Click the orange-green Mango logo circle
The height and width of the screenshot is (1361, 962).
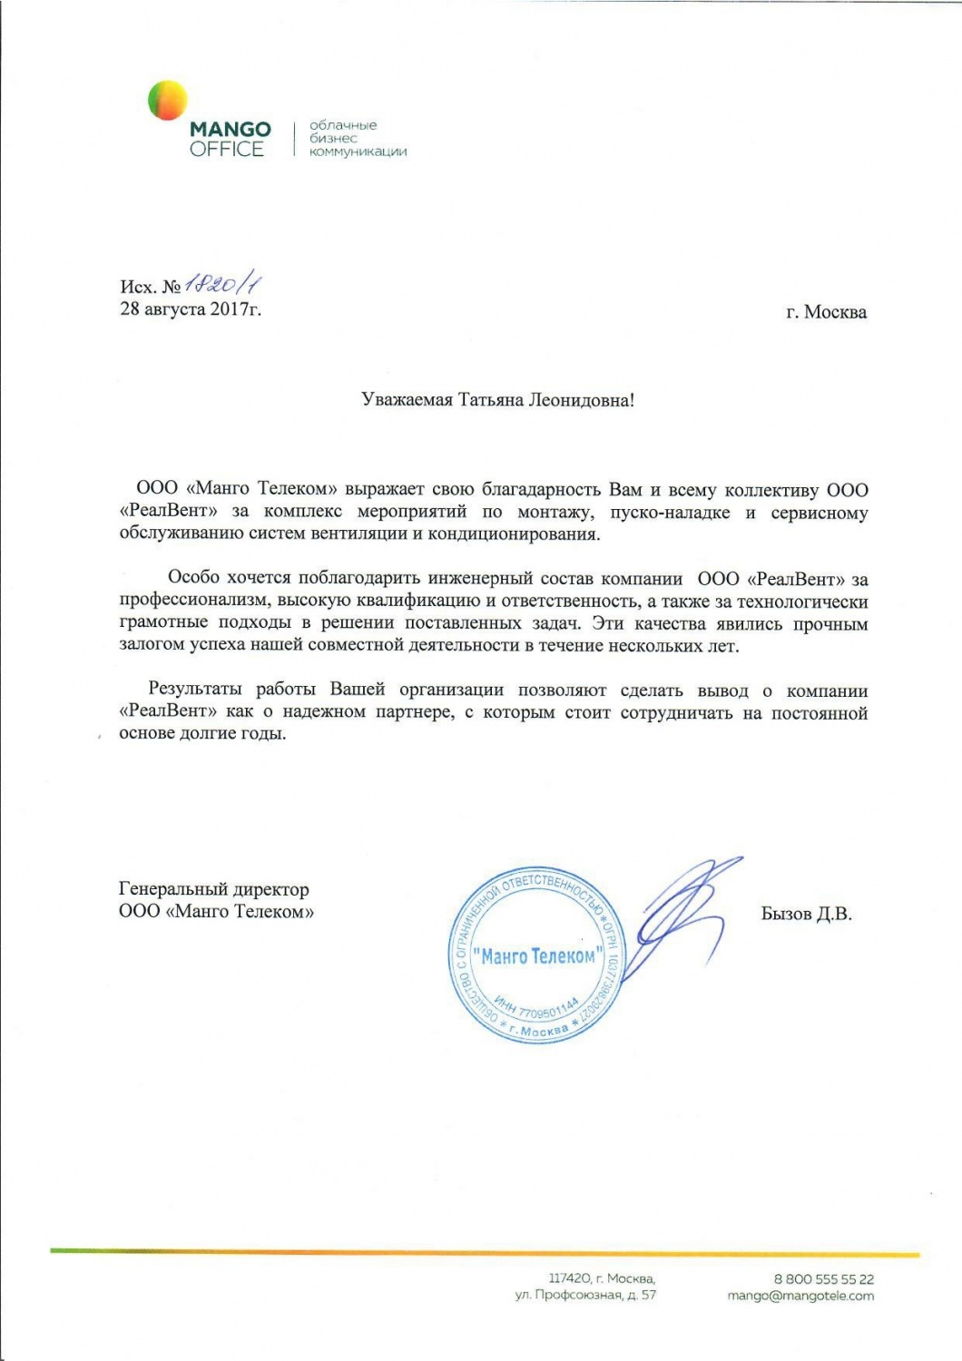tap(168, 100)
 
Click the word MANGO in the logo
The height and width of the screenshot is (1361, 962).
tap(231, 130)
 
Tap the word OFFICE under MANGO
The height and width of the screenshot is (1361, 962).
tap(227, 150)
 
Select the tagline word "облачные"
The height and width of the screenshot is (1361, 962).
tap(343, 125)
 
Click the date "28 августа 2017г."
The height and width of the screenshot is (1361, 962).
tap(191, 308)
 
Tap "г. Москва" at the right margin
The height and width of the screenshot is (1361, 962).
tap(826, 312)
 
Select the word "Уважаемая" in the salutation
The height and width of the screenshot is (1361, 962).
tap(407, 400)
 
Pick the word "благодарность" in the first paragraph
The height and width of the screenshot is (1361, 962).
tap(543, 490)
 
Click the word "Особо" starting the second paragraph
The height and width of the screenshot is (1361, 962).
tap(193, 578)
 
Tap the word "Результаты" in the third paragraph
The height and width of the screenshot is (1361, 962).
tap(194, 690)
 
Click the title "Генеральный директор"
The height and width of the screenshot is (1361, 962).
tap(214, 889)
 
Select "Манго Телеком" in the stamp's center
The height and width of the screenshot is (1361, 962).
tap(537, 956)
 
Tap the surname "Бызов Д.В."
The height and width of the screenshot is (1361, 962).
tap(806, 914)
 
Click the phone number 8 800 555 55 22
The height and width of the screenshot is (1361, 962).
tap(823, 1279)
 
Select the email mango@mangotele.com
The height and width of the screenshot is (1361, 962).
tap(800, 1296)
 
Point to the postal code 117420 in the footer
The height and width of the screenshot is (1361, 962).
tap(569, 1279)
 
